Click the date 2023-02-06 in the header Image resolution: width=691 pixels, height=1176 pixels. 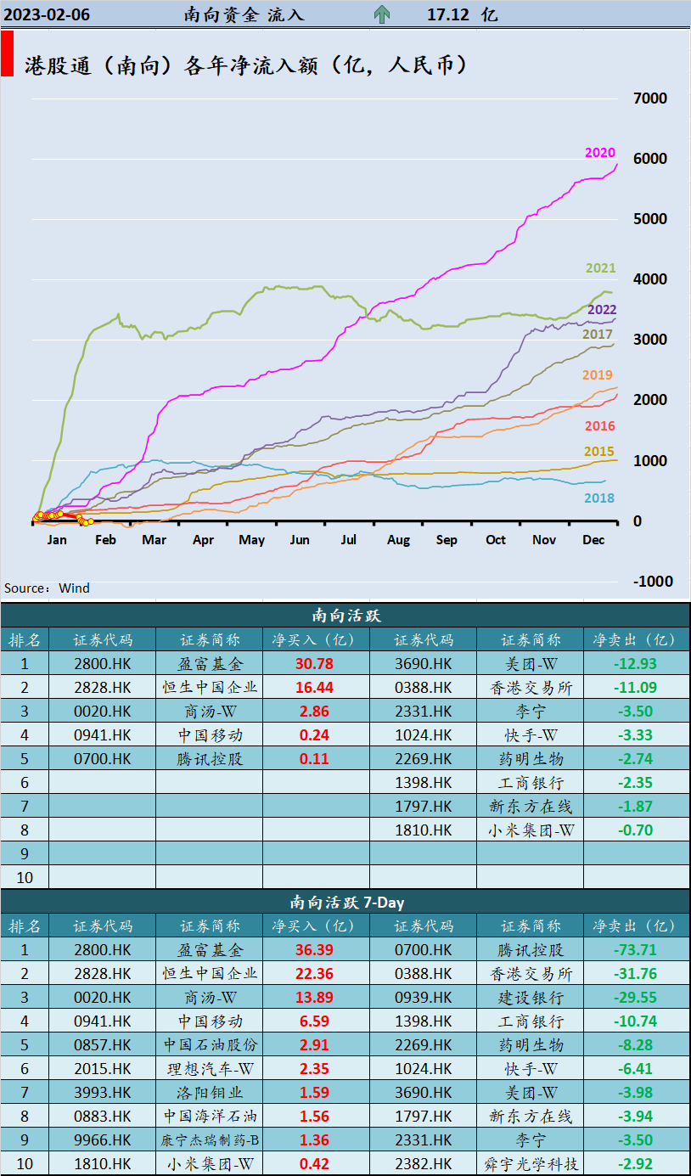pos(47,14)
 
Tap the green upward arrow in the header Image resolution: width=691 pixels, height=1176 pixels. pos(382,14)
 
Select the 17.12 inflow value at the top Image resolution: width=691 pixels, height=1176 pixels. pos(449,14)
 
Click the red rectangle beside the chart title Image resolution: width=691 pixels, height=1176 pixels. pos(7,54)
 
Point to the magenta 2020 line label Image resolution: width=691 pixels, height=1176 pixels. pos(599,153)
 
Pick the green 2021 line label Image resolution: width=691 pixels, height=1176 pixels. pos(600,268)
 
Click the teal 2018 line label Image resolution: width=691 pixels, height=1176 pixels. pos(599,498)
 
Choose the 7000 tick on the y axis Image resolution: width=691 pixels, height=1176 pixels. pos(650,98)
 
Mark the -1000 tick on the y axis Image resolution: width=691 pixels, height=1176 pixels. pos(652,582)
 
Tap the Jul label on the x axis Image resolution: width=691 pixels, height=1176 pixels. pos(349,540)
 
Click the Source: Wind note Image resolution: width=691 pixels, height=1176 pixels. pos(47,588)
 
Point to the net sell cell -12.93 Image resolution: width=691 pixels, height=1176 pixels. pos(635,664)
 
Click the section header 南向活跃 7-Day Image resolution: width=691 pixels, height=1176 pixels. pos(345,902)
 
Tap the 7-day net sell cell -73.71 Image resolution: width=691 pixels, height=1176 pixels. pos(635,950)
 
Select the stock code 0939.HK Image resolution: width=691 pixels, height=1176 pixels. pos(424,998)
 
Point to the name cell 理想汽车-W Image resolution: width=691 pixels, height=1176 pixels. pos(210,1069)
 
